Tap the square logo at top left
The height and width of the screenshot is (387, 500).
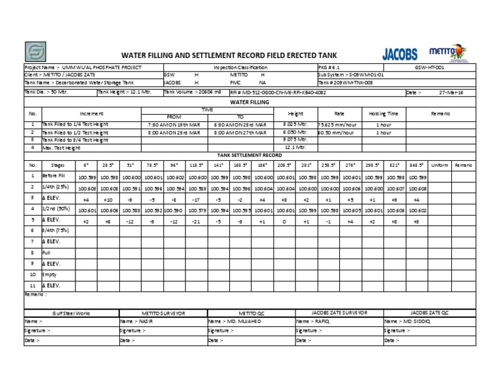(x=36, y=52)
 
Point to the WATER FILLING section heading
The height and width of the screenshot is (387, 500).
(x=249, y=102)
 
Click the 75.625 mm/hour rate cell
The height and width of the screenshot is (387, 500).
(x=339, y=124)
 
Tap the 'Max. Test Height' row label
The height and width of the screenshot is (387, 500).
(x=66, y=147)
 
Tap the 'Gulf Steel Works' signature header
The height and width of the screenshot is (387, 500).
(x=71, y=313)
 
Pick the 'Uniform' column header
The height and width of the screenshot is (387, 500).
(x=439, y=165)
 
